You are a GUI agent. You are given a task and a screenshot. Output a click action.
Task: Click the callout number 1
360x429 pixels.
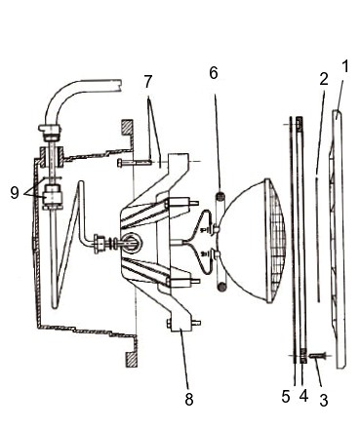(x=344, y=66)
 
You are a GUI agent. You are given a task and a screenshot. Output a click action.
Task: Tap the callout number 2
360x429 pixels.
(x=324, y=79)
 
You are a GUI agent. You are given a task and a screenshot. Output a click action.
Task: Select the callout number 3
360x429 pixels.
(x=323, y=400)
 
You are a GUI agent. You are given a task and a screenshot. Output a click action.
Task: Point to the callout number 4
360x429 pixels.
(x=303, y=396)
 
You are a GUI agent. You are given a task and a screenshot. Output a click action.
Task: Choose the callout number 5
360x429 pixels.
(x=286, y=397)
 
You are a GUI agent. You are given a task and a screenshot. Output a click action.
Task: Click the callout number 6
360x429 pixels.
(x=214, y=73)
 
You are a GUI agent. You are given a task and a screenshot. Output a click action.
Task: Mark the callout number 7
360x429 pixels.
(x=148, y=82)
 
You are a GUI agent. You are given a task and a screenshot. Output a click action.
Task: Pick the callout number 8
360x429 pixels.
(x=189, y=399)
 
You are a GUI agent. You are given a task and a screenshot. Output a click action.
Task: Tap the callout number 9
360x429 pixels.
(x=15, y=193)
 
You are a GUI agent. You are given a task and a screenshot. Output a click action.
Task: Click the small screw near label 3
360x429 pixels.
(x=315, y=356)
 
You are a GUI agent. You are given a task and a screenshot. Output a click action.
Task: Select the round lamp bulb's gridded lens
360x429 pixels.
(x=276, y=241)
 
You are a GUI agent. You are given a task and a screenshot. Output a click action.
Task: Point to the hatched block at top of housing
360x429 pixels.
(x=127, y=127)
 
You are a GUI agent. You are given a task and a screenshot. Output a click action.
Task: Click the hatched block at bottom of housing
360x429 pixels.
(x=131, y=360)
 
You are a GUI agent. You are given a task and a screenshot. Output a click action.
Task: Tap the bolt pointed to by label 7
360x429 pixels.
(x=135, y=162)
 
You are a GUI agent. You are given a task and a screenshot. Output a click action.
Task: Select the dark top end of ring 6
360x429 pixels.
(x=220, y=197)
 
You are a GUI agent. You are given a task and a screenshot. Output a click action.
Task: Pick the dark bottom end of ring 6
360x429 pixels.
(x=221, y=287)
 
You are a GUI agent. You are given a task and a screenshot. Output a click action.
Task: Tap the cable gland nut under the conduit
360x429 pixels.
(x=51, y=132)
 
